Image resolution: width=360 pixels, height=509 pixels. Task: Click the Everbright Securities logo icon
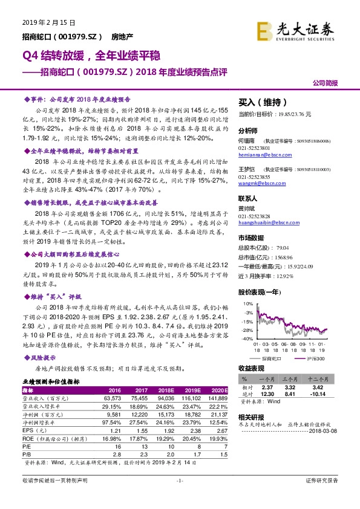[263, 31]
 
